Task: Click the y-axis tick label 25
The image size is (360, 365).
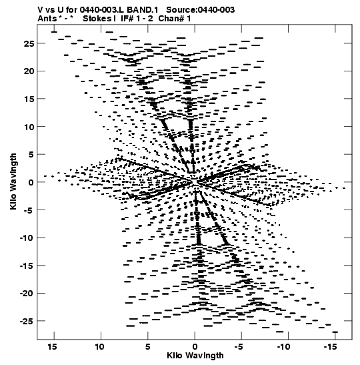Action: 29,43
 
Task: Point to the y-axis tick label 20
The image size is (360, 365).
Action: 29,71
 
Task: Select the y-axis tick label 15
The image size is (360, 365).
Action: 29,99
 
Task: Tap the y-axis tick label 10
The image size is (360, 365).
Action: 29,127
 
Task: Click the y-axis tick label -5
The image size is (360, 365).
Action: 29,210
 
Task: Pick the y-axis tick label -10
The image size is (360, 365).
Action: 27,238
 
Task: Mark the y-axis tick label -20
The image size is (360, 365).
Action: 27,294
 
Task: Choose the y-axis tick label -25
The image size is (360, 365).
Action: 27,321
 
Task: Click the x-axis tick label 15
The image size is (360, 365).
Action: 52,347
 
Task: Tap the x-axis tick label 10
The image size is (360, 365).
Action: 99,347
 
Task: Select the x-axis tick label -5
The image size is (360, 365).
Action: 239,347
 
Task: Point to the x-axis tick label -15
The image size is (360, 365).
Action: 330,347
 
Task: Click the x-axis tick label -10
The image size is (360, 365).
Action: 283,347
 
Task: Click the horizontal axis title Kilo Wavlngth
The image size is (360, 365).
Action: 195,356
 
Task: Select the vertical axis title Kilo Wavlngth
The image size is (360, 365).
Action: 13,181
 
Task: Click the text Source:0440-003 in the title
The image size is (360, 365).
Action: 201,10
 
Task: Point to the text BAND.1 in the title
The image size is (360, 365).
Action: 143,10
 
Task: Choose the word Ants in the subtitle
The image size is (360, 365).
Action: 47,19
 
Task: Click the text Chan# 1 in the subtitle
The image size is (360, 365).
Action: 175,19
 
